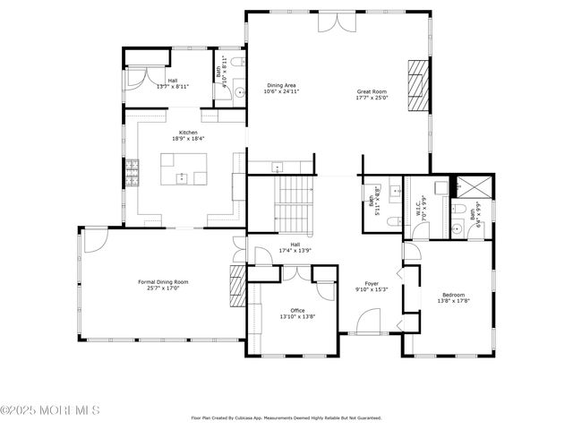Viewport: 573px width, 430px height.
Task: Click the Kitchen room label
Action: coord(188,133)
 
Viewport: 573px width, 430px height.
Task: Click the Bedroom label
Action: coord(453,295)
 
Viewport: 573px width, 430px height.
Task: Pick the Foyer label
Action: coord(372,284)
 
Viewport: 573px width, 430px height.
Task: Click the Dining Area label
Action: coord(280,86)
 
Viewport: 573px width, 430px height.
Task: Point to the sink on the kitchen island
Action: coord(181,178)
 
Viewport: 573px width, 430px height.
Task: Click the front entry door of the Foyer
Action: coord(369,322)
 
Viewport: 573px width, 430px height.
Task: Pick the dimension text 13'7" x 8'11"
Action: coord(172,87)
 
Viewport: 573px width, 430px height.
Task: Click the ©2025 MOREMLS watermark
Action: coord(50,410)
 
